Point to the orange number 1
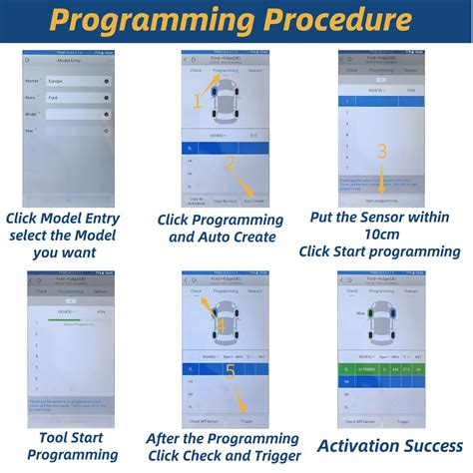[199, 99]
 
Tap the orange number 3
[380, 153]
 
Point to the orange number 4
[222, 323]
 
